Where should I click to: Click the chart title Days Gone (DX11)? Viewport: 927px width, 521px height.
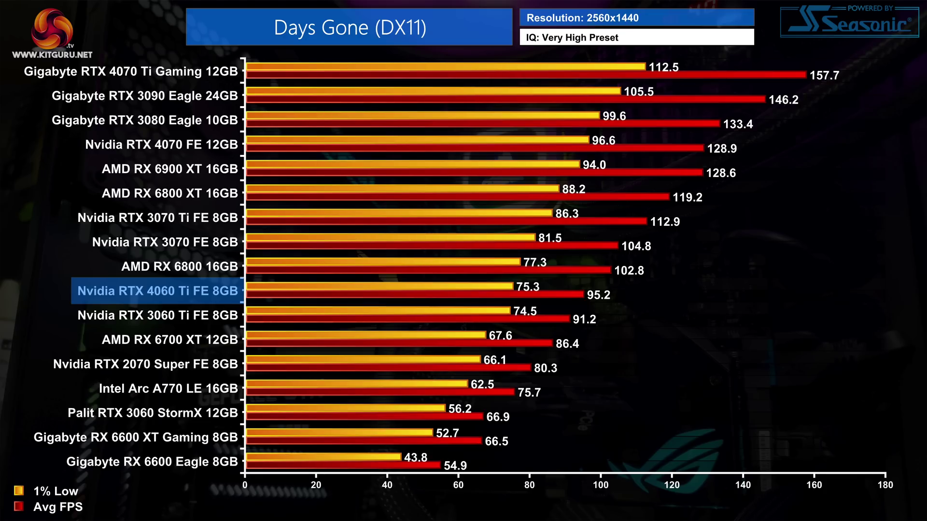[350, 27]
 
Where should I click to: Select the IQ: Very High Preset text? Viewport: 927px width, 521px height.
[572, 38]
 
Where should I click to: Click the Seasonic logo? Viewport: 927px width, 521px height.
[849, 22]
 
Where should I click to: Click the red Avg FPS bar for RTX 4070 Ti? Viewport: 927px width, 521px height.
[526, 75]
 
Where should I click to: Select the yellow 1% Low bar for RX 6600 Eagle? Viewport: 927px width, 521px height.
[323, 456]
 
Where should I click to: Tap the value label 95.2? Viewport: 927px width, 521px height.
[598, 295]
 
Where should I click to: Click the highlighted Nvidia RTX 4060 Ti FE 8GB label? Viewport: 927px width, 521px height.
[157, 291]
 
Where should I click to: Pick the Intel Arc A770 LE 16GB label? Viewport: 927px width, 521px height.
[168, 388]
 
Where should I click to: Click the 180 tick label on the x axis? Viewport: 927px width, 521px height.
[885, 485]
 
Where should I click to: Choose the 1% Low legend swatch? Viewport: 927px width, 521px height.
[19, 491]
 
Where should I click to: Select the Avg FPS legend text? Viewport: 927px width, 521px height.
[58, 507]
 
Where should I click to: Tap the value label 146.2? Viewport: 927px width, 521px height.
[783, 100]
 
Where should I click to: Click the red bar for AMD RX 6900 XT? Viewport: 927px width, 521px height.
[474, 172]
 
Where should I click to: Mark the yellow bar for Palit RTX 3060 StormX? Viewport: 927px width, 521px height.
[345, 408]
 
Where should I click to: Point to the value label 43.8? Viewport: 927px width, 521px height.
[415, 457]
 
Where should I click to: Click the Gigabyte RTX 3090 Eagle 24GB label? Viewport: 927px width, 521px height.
[144, 96]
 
